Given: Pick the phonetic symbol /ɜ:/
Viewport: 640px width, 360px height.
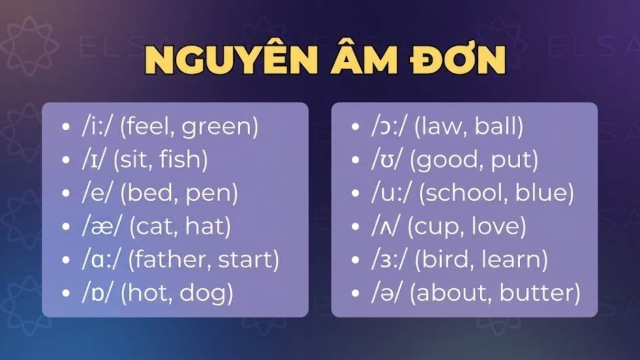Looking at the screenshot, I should click(387, 259).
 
